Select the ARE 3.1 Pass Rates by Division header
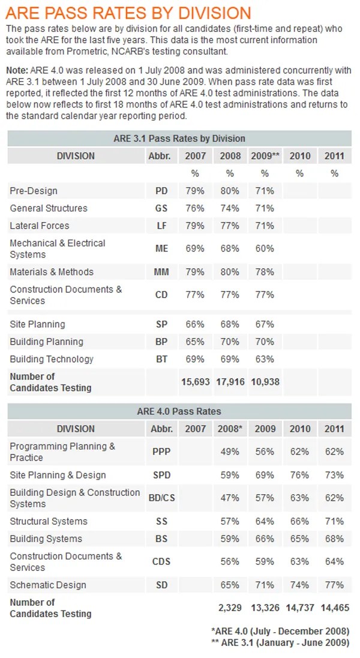(179, 139)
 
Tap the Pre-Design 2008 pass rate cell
(230, 191)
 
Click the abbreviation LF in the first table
(161, 226)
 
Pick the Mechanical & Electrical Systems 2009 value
(265, 249)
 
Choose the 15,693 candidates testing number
(196, 382)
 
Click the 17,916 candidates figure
(230, 382)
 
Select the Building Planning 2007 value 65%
(196, 342)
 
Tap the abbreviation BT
(161, 359)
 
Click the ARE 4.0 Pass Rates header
(179, 411)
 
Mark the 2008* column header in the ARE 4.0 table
(230, 429)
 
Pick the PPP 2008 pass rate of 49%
(230, 451)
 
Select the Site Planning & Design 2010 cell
(299, 475)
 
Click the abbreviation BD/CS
(161, 498)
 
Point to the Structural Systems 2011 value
(334, 521)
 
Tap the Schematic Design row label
(48, 585)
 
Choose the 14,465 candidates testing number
(334, 608)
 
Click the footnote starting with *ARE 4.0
(280, 631)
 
